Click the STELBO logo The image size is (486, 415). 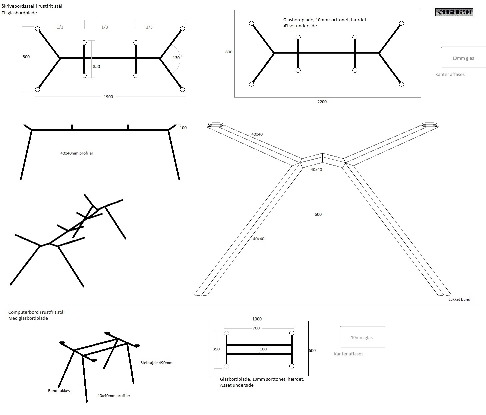pyautogui.click(x=454, y=12)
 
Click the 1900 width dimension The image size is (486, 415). pyautogui.click(x=108, y=97)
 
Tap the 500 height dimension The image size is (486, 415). pyautogui.click(x=26, y=57)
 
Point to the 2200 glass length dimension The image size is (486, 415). pyautogui.click(x=322, y=102)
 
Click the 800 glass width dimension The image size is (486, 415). pyautogui.click(x=229, y=52)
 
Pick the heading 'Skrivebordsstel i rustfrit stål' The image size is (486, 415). pyautogui.click(x=32, y=6)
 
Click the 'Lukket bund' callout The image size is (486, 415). pyautogui.click(x=459, y=299)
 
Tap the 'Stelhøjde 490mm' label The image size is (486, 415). pyautogui.click(x=156, y=363)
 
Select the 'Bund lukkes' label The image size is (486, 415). pyautogui.click(x=59, y=391)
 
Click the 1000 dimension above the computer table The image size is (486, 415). pyautogui.click(x=257, y=319)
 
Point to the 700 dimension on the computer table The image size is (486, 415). pyautogui.click(x=256, y=328)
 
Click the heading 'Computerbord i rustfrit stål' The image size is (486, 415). pyautogui.click(x=36, y=312)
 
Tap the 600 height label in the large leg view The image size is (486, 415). pyautogui.click(x=318, y=214)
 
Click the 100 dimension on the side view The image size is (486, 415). pyautogui.click(x=183, y=128)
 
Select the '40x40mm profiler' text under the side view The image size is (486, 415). pyautogui.click(x=77, y=154)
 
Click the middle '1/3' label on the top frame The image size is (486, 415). pyautogui.click(x=105, y=27)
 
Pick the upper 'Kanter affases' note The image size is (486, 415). pyautogui.click(x=450, y=75)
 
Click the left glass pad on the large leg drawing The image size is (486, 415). pyautogui.click(x=215, y=125)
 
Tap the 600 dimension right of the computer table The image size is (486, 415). pyautogui.click(x=312, y=351)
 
